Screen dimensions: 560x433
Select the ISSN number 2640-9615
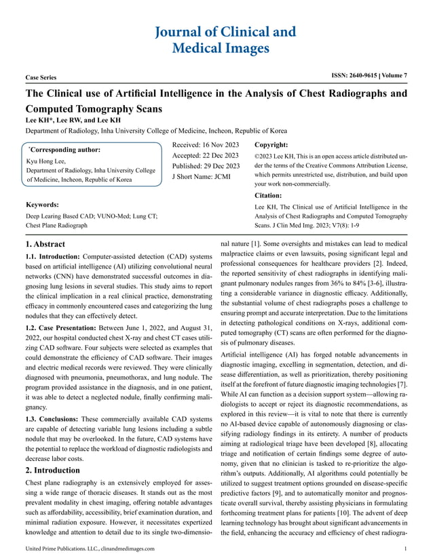pyautogui.click(x=358, y=75)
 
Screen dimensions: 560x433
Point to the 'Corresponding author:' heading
pyautogui.click(x=64, y=150)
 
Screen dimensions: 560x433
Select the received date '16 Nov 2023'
pyautogui.click(x=223, y=144)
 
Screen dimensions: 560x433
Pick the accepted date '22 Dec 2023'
pyautogui.click(x=223, y=155)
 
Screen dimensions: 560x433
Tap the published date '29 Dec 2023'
pyautogui.click(x=225, y=166)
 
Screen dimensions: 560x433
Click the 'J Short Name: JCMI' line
pyautogui.click(x=202, y=177)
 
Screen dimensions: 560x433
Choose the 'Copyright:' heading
pyautogui.click(x=271, y=144)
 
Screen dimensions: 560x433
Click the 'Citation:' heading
pyautogui.click(x=268, y=195)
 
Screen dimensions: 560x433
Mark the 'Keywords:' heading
pyautogui.click(x=42, y=204)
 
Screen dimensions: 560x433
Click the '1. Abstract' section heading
pyautogui.click(x=45, y=244)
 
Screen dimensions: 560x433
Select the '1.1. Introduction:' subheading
pyautogui.click(x=54, y=258)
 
